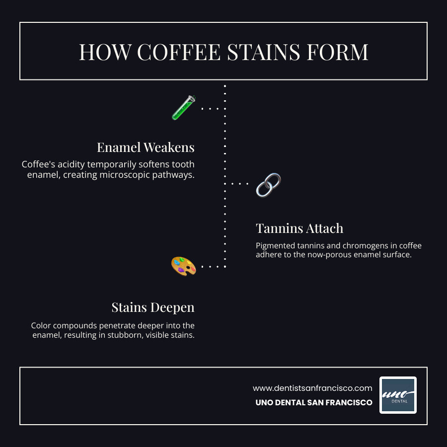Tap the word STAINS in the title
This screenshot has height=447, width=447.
pyautogui.click(x=260, y=53)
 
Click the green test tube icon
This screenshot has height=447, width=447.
pyautogui.click(x=183, y=107)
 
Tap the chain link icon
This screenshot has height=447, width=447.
pyautogui.click(x=268, y=184)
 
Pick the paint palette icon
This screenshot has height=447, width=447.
pyautogui.click(x=183, y=266)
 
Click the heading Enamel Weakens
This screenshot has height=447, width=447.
pyautogui.click(x=146, y=148)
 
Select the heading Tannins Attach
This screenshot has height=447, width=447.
pyautogui.click(x=299, y=228)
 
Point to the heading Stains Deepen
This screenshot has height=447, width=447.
pyautogui.click(x=153, y=307)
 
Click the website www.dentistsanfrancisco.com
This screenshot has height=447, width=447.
pyautogui.click(x=312, y=388)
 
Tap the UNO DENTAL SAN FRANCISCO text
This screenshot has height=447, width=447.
pyautogui.click(x=314, y=403)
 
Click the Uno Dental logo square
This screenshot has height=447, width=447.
pyautogui.click(x=398, y=395)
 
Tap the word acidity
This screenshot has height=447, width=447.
pyautogui.click(x=70, y=164)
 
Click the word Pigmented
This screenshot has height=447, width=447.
pyautogui.click(x=277, y=246)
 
